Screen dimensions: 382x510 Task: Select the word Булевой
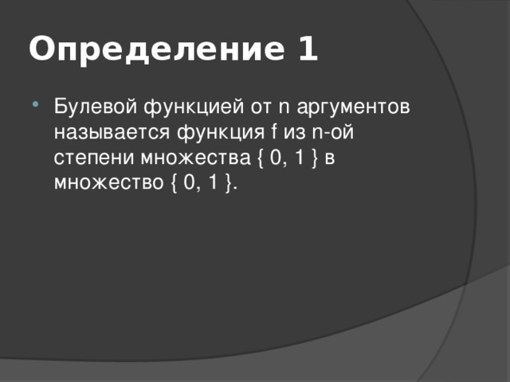[90, 107]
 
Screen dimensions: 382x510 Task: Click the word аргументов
[354, 108]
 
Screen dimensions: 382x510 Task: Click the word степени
[89, 158]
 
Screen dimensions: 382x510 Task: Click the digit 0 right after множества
[274, 157]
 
